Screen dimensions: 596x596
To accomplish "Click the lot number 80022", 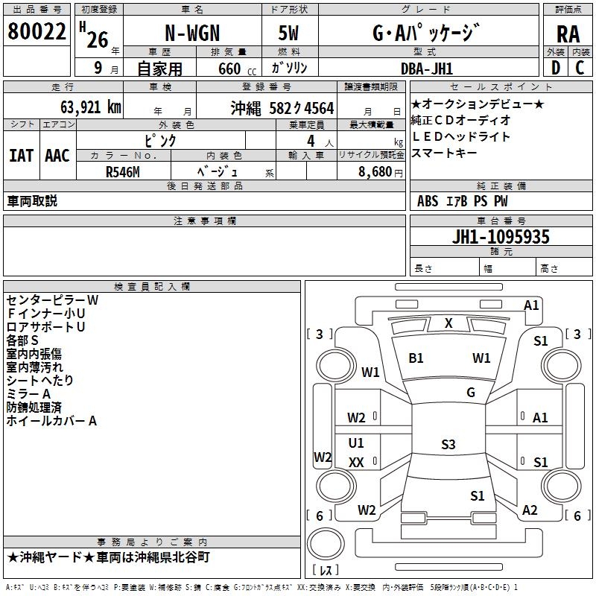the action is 37,31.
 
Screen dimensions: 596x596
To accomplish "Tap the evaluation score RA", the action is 567,34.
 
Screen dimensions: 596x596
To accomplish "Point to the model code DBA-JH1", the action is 426,68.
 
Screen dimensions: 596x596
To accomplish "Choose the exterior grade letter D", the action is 555,68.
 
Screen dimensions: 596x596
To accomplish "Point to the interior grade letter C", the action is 580,68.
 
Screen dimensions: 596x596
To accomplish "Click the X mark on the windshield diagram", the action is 448,323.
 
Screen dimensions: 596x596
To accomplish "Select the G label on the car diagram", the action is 471,392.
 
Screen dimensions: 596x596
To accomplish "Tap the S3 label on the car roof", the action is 448,445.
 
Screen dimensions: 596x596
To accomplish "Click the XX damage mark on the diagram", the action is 356,462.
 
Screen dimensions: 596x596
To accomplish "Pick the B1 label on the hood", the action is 416,358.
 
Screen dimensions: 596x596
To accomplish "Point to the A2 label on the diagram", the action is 530,510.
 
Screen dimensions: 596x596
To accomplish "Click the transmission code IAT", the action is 21,156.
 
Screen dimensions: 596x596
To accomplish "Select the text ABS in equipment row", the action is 428,200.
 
